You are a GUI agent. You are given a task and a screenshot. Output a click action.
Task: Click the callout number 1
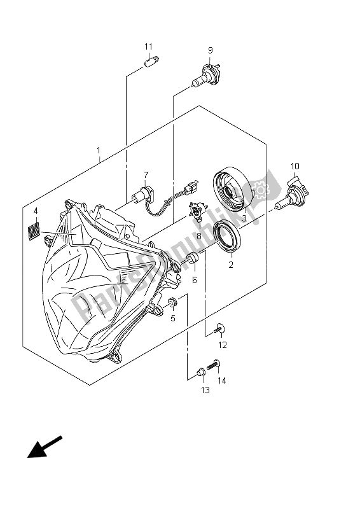(99, 151)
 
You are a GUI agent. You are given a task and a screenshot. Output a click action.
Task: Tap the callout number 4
(36, 211)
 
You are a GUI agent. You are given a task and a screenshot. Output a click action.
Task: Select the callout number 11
(148, 47)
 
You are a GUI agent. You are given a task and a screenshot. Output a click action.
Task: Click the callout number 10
(294, 167)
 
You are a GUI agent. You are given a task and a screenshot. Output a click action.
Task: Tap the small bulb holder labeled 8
(198, 211)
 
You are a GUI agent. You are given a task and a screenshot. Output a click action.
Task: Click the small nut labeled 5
(172, 305)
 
